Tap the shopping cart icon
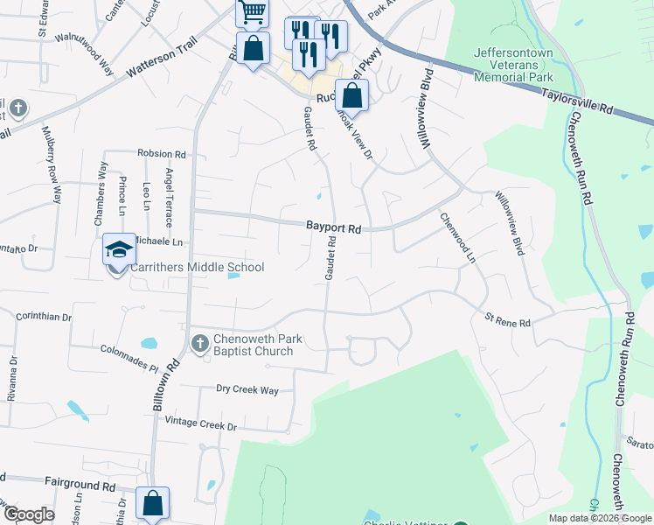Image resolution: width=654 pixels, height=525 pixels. (251, 12)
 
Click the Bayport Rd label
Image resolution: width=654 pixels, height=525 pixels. (333, 227)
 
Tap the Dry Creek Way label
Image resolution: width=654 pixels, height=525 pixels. (247, 389)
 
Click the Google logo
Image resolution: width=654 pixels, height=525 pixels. (28, 514)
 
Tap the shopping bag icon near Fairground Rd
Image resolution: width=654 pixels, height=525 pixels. (152, 503)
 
